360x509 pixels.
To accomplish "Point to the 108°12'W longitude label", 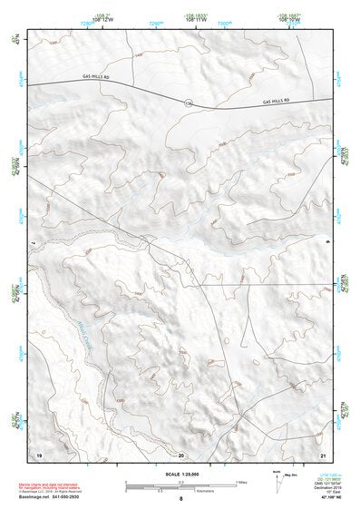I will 102,19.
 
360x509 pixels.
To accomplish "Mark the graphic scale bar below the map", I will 180,484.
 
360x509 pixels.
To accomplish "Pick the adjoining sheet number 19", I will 38,453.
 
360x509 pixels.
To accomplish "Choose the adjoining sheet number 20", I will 180,453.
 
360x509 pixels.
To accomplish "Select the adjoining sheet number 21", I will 322,453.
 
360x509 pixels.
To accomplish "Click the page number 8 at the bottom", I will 180,499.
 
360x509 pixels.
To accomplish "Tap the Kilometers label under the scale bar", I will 180,490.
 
